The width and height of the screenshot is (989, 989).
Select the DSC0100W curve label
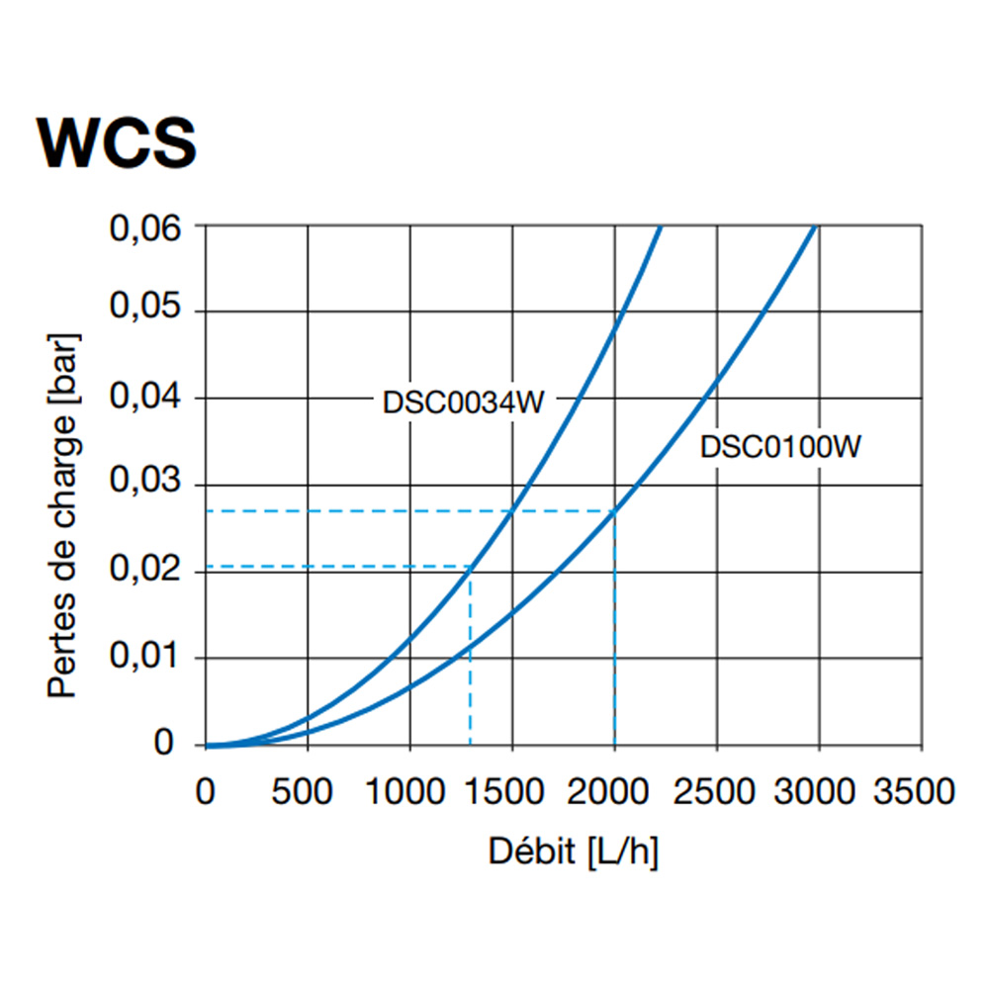click(x=781, y=447)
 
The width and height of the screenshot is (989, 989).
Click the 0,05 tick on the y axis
click(x=148, y=312)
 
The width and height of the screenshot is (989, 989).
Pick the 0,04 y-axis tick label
click(x=148, y=399)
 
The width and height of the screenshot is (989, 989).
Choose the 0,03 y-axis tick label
click(x=148, y=485)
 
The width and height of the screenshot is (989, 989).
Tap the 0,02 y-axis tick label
click(x=148, y=572)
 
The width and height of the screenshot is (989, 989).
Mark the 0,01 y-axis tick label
click(x=148, y=658)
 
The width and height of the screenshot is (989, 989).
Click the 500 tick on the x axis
click(x=308, y=792)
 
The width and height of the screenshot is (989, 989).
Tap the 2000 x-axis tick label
click(x=614, y=792)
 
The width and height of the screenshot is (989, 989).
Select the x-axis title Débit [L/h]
click(x=573, y=852)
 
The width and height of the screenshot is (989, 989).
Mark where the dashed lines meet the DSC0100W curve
click(x=614, y=511)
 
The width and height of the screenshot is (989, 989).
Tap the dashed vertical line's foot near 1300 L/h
click(x=471, y=744)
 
